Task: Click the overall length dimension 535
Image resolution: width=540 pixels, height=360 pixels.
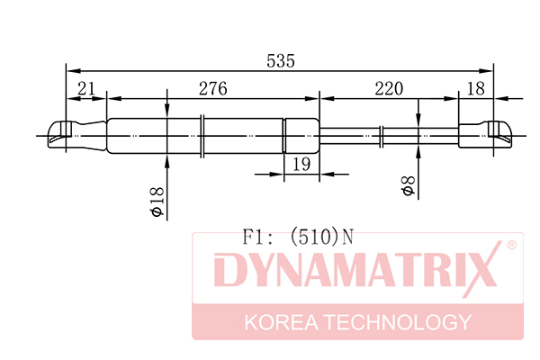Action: pyautogui.click(x=281, y=61)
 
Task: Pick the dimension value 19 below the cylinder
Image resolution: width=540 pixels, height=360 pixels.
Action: pyautogui.click(x=301, y=164)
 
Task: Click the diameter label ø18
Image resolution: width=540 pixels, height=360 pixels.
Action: pyautogui.click(x=155, y=200)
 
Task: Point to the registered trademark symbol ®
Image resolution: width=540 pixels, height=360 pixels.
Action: pyautogui.click(x=511, y=245)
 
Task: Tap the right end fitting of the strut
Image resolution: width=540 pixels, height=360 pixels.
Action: pyautogui.click(x=487, y=135)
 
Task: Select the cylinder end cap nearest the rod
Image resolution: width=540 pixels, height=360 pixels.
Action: pyautogui.click(x=301, y=135)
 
